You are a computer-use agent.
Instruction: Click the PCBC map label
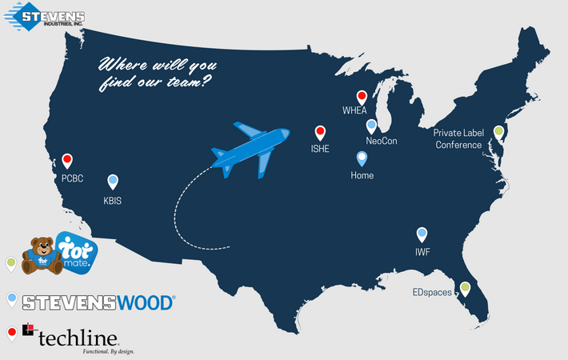click(72, 178)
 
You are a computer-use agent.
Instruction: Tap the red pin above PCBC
click(67, 160)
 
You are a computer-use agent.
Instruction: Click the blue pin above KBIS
click(113, 181)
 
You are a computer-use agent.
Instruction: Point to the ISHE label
click(320, 149)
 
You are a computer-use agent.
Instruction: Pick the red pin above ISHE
click(320, 132)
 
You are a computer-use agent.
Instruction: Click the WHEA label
click(354, 110)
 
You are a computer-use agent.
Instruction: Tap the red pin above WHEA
click(362, 96)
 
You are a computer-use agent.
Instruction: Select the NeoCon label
click(382, 141)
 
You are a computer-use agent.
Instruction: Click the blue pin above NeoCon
click(371, 125)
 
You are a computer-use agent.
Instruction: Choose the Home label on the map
click(362, 175)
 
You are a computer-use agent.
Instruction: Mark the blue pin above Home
click(362, 158)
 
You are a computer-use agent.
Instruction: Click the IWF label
click(423, 251)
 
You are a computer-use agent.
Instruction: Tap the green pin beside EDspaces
click(464, 287)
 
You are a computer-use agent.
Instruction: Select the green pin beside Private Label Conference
click(498, 131)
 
